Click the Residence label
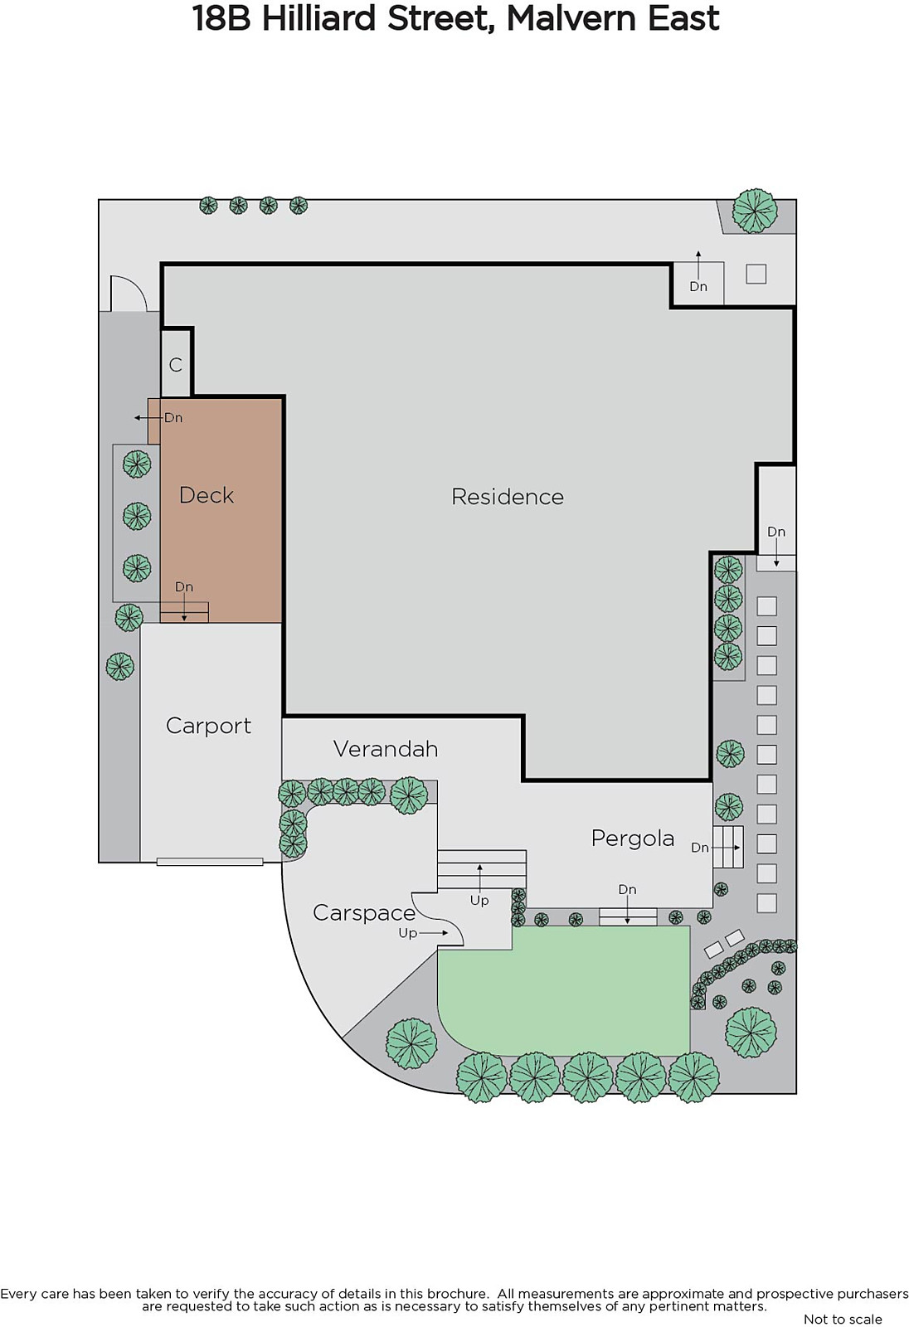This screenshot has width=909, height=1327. (508, 497)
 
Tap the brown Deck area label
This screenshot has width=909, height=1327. (207, 494)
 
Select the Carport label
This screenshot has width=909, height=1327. (208, 726)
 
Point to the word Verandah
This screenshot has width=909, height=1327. (386, 749)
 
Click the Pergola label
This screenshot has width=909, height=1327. (633, 838)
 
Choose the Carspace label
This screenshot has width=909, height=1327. (364, 913)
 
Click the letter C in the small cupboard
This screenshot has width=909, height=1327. (175, 364)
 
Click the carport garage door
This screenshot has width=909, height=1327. (210, 862)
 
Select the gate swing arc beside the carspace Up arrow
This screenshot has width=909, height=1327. (439, 917)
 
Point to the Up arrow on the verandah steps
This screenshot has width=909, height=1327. (479, 875)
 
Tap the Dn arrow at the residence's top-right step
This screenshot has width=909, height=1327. (698, 265)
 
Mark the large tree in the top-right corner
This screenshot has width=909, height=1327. (755, 211)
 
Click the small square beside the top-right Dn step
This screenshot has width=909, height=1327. (756, 274)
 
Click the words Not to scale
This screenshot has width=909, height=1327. (843, 1319)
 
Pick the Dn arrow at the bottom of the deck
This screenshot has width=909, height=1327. (184, 609)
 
